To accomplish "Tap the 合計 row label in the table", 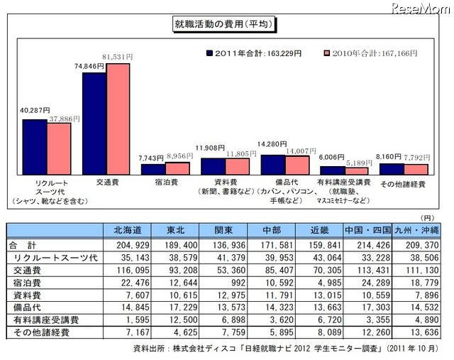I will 25,244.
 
